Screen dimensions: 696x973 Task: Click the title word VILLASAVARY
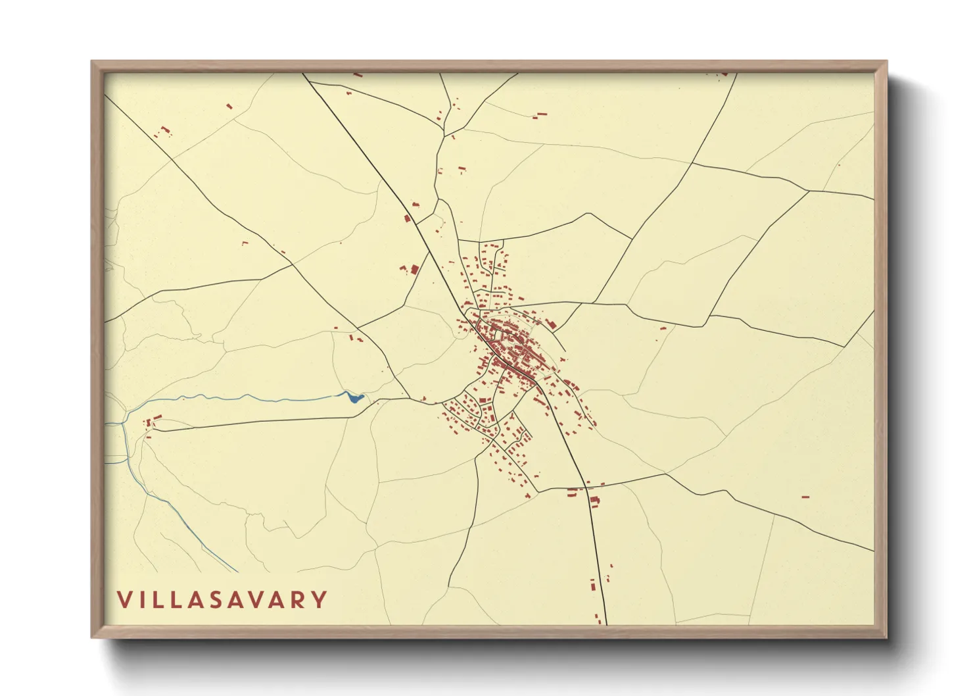point(222,599)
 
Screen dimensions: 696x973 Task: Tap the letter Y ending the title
point(320,599)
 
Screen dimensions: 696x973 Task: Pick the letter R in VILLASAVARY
point(299,599)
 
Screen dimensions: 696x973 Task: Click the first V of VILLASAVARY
point(124,599)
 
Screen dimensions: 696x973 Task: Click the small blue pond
point(355,397)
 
